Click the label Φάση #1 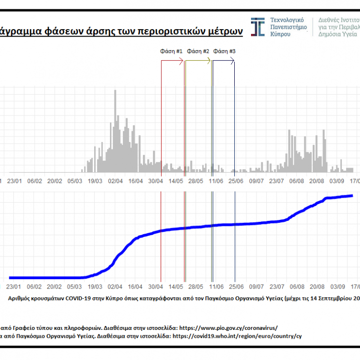click(x=171, y=51)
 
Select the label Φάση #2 click(x=199, y=51)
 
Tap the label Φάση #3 click(x=225, y=51)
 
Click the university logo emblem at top click(x=257, y=27)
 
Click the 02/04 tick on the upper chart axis click(x=115, y=181)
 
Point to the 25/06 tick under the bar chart click(x=235, y=181)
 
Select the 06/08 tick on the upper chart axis click(x=296, y=181)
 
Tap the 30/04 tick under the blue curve click(x=155, y=286)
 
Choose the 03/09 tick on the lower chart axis click(x=338, y=286)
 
